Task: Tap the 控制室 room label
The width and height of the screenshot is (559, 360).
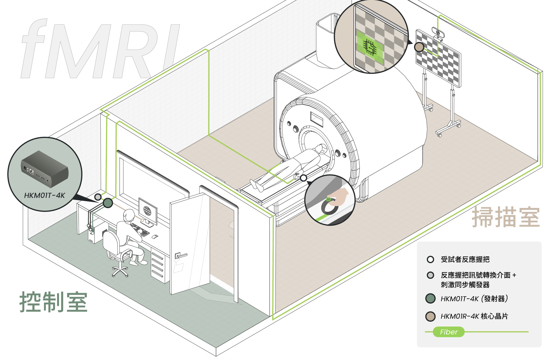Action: [54, 302]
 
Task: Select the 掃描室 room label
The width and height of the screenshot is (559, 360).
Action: [506, 217]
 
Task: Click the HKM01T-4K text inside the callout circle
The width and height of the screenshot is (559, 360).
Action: [45, 195]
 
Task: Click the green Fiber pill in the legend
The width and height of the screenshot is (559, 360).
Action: [449, 332]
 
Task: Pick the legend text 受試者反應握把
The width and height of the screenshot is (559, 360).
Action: [465, 259]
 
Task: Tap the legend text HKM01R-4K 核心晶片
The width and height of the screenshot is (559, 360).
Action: [474, 316]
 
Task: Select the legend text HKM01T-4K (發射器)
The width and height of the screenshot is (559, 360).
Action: [474, 299]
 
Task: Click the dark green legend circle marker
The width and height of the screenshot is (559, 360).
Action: [430, 299]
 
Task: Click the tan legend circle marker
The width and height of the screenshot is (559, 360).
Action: [430, 316]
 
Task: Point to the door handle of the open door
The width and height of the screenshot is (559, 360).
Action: [181, 256]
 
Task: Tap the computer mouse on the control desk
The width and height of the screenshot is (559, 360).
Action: [155, 237]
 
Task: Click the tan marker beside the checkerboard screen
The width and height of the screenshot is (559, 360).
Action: [419, 47]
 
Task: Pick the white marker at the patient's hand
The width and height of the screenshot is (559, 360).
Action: [303, 178]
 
